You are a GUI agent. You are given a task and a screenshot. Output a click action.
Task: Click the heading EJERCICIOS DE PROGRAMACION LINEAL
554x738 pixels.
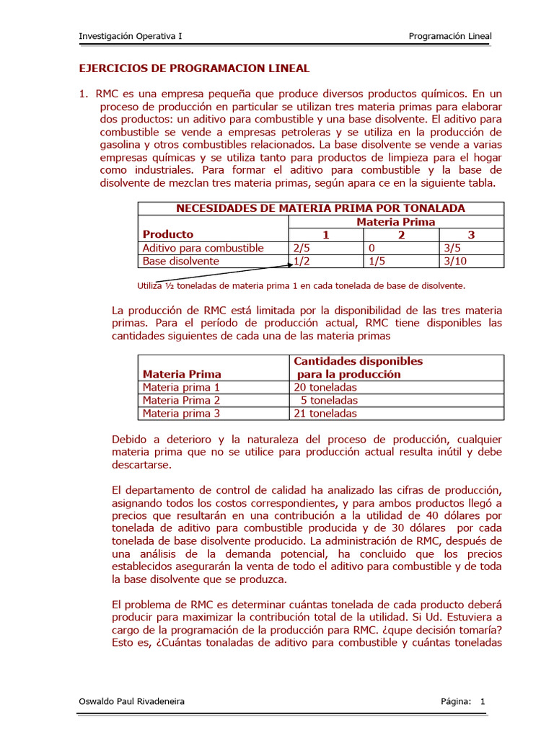[193, 68]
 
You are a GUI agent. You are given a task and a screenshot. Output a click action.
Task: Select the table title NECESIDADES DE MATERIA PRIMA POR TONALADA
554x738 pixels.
[321, 208]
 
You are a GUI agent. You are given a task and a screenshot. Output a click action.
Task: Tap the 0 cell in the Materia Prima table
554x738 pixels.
[371, 248]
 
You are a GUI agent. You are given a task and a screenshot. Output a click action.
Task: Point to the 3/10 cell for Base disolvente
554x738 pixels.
[455, 261]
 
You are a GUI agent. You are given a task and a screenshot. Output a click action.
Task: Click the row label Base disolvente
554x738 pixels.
[180, 261]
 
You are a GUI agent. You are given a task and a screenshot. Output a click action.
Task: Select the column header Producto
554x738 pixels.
[168, 234]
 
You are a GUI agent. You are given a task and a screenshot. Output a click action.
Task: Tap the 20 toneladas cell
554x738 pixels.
[325, 388]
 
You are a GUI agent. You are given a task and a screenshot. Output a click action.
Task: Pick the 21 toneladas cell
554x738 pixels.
[325, 414]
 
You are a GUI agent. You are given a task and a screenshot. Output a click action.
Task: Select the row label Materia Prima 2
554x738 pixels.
[181, 401]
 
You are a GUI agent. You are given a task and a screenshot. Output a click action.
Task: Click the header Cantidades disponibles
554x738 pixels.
[358, 361]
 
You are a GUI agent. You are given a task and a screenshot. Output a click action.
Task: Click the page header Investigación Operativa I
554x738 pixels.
[130, 36]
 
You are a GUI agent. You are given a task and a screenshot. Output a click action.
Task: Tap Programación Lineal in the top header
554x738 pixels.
[450, 36]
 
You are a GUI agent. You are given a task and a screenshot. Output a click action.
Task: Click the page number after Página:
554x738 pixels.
[483, 701]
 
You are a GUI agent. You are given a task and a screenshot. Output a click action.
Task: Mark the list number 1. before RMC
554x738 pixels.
[83, 94]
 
